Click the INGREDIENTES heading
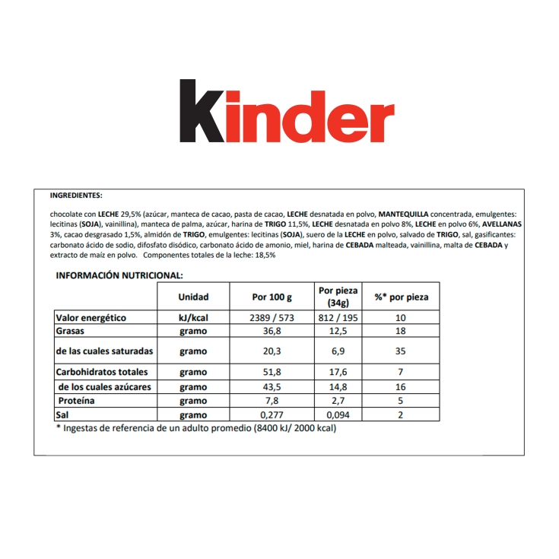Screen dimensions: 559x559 (75, 195)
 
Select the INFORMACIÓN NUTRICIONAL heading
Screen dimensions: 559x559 (119, 275)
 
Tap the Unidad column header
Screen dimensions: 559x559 (193, 297)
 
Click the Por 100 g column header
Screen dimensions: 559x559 (272, 297)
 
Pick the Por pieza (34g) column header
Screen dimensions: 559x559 (337, 297)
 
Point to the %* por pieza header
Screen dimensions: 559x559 (401, 297)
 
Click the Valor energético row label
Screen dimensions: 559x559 (91, 318)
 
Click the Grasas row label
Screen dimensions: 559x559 (71, 332)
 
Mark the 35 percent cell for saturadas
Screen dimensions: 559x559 (401, 351)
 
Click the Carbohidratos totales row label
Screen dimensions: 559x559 (102, 372)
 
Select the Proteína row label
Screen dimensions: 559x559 (77, 401)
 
